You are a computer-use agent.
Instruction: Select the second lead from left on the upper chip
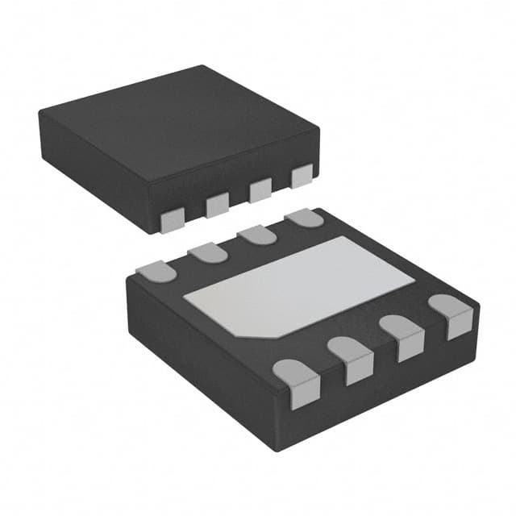(x=218, y=206)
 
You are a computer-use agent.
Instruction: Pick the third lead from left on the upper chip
(x=260, y=190)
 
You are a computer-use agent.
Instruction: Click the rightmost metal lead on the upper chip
(x=302, y=176)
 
